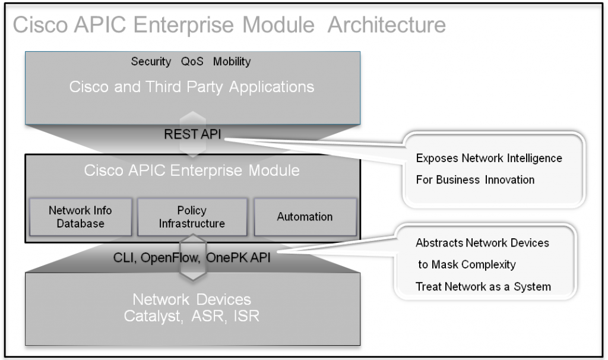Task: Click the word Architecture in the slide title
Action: (x=387, y=26)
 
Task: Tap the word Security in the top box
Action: (x=151, y=62)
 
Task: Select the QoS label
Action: (x=192, y=62)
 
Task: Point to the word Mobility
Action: (x=232, y=62)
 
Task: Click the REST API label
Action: (x=192, y=135)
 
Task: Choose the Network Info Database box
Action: (x=80, y=217)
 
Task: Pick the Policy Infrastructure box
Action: (x=192, y=217)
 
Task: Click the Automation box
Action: (x=305, y=217)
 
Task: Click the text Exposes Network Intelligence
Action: (x=489, y=159)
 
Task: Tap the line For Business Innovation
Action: (x=475, y=179)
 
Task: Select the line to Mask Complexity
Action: (x=467, y=264)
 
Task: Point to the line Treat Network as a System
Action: (x=483, y=286)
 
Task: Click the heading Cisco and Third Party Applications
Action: (x=192, y=87)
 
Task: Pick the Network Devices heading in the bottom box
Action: (x=192, y=299)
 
